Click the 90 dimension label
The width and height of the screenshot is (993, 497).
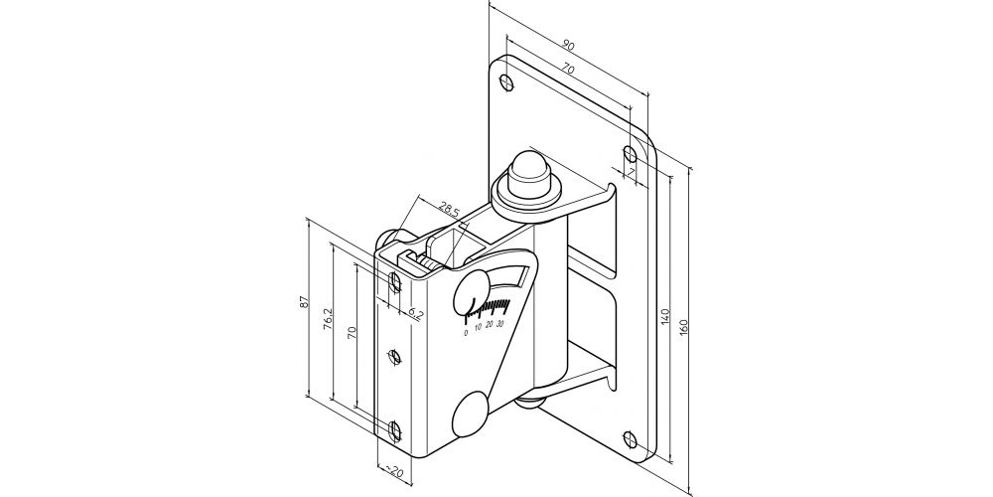click(x=569, y=46)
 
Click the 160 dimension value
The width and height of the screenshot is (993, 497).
click(x=684, y=327)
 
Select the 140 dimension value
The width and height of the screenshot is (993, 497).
click(x=664, y=317)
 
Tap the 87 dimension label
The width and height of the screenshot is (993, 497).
click(x=303, y=302)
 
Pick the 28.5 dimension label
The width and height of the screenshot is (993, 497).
click(x=449, y=208)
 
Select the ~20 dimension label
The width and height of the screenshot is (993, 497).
click(x=394, y=471)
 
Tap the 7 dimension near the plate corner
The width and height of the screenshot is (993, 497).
click(x=632, y=172)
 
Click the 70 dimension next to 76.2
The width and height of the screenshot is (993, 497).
click(x=353, y=332)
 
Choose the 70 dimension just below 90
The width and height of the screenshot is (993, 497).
click(x=567, y=70)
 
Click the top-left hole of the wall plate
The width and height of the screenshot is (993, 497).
click(x=505, y=83)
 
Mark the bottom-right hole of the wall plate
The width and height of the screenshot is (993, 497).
click(x=630, y=438)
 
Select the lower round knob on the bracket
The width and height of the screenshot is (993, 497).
click(x=470, y=414)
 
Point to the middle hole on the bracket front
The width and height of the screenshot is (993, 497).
click(x=394, y=358)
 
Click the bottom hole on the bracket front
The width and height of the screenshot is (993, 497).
click(x=394, y=431)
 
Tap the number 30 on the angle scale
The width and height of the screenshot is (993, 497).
click(x=500, y=324)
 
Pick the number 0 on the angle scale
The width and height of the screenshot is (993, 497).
click(x=466, y=332)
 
